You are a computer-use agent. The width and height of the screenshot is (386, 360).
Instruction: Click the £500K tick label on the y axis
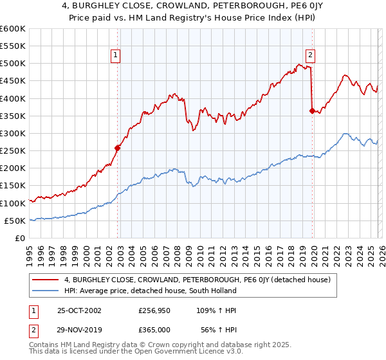pyautogui.click(x=12, y=64)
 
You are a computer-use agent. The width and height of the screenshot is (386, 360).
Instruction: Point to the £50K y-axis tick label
pyautogui.click(x=14, y=221)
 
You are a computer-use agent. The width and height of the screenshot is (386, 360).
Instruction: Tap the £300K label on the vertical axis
pyautogui.click(x=12, y=133)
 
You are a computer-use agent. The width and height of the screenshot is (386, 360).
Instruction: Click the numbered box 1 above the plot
pyautogui.click(x=116, y=55)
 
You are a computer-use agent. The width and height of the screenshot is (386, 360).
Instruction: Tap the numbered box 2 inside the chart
pyautogui.click(x=310, y=55)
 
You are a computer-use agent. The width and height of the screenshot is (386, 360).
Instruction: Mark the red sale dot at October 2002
pyautogui.click(x=118, y=148)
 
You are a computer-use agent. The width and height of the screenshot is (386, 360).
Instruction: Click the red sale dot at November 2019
pyautogui.click(x=312, y=111)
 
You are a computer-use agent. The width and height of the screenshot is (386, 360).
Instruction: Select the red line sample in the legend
pyautogui.click(x=46, y=280)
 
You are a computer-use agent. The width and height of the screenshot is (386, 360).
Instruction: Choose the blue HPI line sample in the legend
pyautogui.click(x=46, y=291)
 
